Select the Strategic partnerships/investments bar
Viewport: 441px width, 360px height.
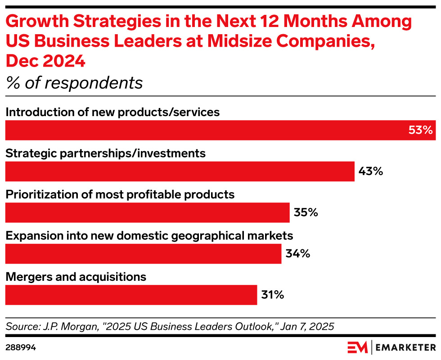[x=180, y=171]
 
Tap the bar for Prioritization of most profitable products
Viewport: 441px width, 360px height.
[x=147, y=212]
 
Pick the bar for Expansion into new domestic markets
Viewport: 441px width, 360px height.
[x=143, y=254]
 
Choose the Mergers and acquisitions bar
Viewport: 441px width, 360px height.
[x=131, y=295]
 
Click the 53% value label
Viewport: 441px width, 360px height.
[x=420, y=130]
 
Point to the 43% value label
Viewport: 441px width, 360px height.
[x=370, y=171]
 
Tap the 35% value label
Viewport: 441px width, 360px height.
[x=306, y=212]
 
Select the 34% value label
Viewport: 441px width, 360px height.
[x=297, y=254]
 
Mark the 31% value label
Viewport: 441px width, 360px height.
[x=273, y=295]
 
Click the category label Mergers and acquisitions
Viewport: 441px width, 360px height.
[x=76, y=277]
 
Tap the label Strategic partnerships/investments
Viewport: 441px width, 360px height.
[x=105, y=153]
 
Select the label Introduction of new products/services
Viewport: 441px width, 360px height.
[x=112, y=112]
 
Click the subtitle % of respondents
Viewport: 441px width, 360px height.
[x=74, y=83]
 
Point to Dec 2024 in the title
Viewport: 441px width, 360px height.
[x=45, y=61]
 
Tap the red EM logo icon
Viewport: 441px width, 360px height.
[x=357, y=347]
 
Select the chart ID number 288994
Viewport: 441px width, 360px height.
[x=21, y=348]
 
